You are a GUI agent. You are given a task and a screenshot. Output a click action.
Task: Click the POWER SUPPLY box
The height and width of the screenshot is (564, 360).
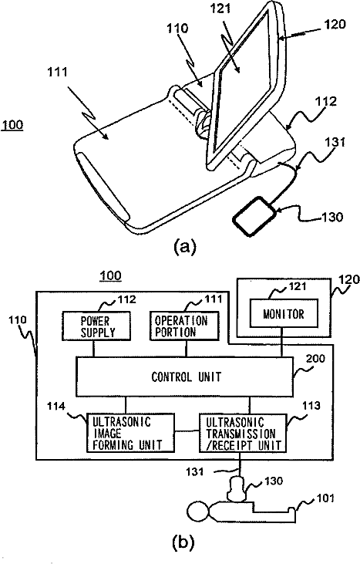[96, 326]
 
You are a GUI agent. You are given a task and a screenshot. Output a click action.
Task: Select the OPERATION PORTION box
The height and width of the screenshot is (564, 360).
[184, 326]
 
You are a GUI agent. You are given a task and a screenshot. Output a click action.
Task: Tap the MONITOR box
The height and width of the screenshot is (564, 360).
[284, 314]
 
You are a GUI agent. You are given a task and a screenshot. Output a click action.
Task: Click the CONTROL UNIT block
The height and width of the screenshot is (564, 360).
[185, 377]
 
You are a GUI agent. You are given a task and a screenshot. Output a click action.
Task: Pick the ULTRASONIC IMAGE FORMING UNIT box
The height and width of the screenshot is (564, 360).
[131, 433]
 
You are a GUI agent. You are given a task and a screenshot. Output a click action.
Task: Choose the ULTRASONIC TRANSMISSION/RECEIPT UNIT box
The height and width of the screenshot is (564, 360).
[244, 433]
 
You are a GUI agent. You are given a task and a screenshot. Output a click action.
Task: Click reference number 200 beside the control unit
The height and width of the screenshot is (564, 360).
[315, 359]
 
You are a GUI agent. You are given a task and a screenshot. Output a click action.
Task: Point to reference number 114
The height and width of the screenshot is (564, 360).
[56, 406]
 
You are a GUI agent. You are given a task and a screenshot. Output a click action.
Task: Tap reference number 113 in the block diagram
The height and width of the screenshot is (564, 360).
[311, 405]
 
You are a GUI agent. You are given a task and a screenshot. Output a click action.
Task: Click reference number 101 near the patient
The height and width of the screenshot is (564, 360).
[325, 498]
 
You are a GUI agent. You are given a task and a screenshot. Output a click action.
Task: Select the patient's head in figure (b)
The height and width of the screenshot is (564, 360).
[197, 512]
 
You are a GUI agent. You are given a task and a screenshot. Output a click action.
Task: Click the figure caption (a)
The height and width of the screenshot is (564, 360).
[185, 247]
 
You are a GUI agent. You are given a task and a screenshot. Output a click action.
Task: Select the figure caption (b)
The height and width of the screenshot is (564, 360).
[183, 542]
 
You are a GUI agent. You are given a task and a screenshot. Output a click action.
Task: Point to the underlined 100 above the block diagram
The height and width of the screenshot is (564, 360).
[110, 276]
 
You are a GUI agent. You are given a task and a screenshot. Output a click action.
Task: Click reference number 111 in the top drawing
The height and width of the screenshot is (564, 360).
[58, 72]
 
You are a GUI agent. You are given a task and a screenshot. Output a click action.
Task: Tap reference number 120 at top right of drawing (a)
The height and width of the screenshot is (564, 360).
[335, 24]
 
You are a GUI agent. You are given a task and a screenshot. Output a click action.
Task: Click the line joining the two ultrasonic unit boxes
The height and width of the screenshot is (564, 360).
[187, 431]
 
